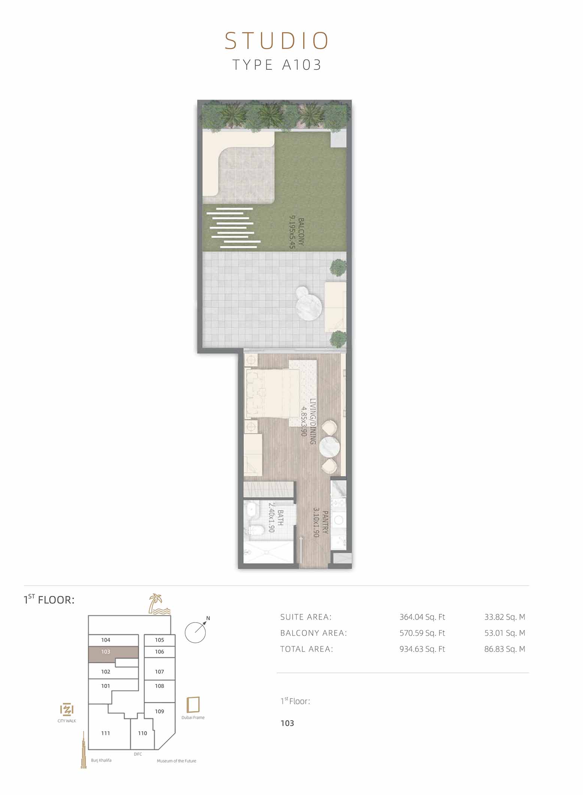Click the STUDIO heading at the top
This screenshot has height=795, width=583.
[x=277, y=41]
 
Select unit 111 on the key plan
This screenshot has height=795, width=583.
[x=105, y=734]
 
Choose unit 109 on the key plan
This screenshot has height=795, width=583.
[x=160, y=711]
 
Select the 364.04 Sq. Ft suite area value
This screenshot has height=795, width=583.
[x=422, y=617]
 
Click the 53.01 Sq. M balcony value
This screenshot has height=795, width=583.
[x=504, y=633]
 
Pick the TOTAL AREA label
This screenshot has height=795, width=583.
[x=306, y=649]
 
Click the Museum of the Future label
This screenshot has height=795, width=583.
[x=176, y=761]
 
